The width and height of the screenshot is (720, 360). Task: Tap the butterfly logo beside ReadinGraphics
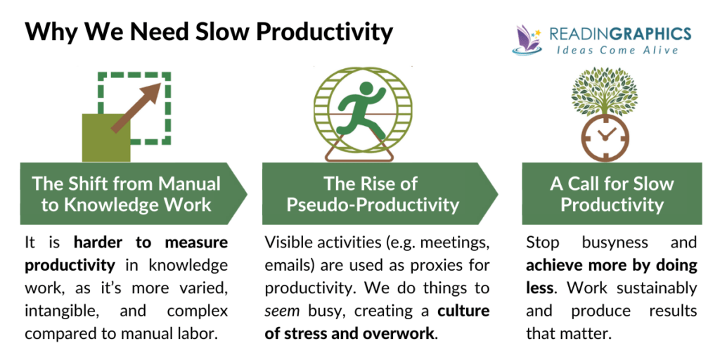coord(528,41)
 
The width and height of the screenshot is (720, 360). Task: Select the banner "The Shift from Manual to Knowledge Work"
coord(127,194)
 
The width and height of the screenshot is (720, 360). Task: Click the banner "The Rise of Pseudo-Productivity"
coord(371,194)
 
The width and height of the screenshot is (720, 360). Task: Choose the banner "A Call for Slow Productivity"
coord(611,194)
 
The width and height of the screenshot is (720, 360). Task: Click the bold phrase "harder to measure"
coord(150,243)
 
